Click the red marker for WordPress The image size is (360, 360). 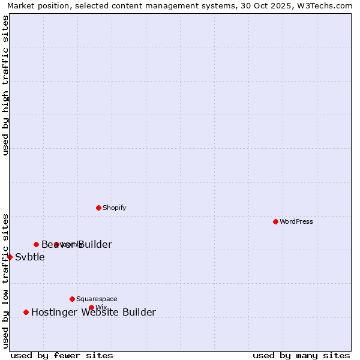coord(275,221)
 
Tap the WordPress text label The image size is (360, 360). coord(296,221)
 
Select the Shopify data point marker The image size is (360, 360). coord(98,208)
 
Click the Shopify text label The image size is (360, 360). coord(114,208)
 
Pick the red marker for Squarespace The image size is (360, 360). coord(72,299)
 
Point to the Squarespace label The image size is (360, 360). coord(97,299)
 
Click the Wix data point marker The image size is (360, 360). coord(91,307)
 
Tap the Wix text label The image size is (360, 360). coord(101,308)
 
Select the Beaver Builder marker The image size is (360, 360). coord(36,244)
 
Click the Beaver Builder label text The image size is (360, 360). coord(76,244)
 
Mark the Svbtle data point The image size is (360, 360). coord(10,257)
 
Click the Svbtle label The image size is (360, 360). coord(30,257)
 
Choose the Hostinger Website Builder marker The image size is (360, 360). coord(26,312)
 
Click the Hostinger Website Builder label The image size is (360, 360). coord(93,312)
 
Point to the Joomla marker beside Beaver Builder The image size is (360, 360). coord(56,244)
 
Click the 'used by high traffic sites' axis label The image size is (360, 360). coord(5,85)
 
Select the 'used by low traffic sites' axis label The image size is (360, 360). coord(5,280)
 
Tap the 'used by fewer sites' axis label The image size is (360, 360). coord(62,355)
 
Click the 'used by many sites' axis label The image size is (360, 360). coord(301,355)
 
